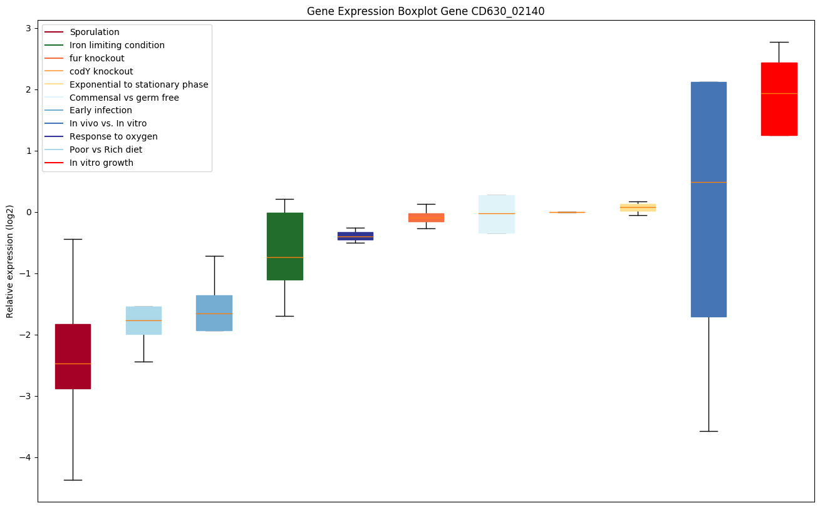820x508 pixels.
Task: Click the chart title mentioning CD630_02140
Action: pyautogui.click(x=421, y=11)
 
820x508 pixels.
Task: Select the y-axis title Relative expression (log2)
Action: pyautogui.click(x=10, y=261)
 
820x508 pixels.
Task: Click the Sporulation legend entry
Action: pyautogui.click(x=94, y=32)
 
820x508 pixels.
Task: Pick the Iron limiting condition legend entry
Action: pyautogui.click(x=117, y=45)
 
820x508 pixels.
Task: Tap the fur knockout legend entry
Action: pyautogui.click(x=96, y=58)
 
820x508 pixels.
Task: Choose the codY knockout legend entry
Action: pyautogui.click(x=101, y=71)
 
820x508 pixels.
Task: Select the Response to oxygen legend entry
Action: pyautogui.click(x=113, y=136)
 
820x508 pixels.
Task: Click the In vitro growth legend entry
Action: pyautogui.click(x=101, y=163)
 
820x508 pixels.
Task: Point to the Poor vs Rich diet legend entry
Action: pyautogui.click(x=106, y=150)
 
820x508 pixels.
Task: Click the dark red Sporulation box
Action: pyautogui.click(x=73, y=356)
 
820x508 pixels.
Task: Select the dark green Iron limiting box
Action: pyautogui.click(x=285, y=246)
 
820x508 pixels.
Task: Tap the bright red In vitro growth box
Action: pyautogui.click(x=779, y=99)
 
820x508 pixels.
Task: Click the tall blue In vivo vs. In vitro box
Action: pyautogui.click(x=708, y=199)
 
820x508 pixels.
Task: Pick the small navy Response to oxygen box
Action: pyautogui.click(x=355, y=236)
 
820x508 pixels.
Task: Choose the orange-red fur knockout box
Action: pyautogui.click(x=426, y=217)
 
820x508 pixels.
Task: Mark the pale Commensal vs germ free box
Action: pyautogui.click(x=497, y=214)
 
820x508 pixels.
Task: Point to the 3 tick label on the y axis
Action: pyautogui.click(x=28, y=28)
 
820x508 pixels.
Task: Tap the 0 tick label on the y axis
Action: pyautogui.click(x=28, y=212)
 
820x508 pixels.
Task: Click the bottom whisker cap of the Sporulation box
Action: pyautogui.click(x=73, y=480)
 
